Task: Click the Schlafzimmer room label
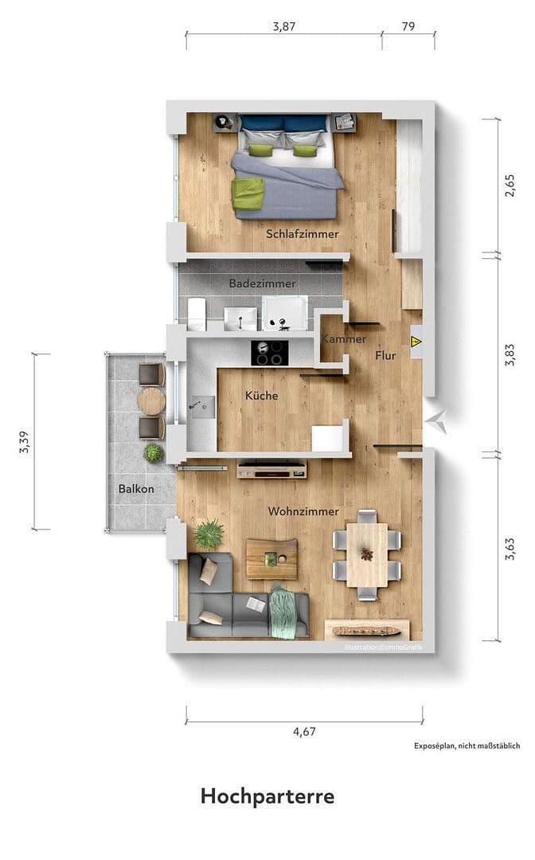coord(303,234)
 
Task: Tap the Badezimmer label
coord(262,283)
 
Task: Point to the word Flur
coord(385,356)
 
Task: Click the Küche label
coord(261,395)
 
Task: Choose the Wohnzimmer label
coord(303,511)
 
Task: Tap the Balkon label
coord(136,489)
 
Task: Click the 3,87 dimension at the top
coord(284,26)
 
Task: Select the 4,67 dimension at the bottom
coord(305,733)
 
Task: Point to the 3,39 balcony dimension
coord(26,442)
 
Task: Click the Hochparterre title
coord(267,796)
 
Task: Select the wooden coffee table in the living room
coord(271,558)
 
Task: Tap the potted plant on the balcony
coord(153,453)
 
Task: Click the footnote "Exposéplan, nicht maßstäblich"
coord(467,746)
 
